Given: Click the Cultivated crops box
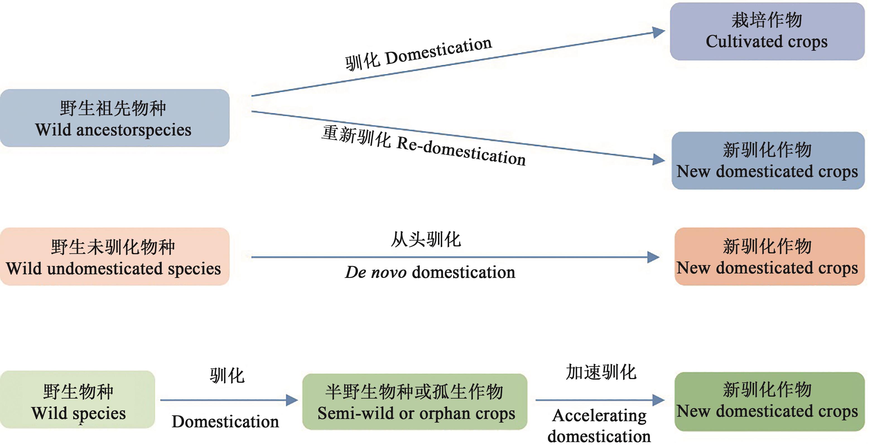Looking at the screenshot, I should point(767,31).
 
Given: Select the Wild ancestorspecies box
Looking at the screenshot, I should point(115,118).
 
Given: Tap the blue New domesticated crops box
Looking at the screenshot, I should point(768,161).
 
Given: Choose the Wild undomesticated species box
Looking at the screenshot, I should point(115,256).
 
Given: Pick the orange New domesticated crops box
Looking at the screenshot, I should point(769,256).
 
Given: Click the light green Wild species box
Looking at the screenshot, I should point(78,399).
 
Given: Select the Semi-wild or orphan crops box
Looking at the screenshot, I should point(415,402).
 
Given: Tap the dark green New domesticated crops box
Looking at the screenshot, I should point(769,401).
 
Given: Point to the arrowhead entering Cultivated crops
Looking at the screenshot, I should point(659,32).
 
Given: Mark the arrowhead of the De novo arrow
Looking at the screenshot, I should point(653,257).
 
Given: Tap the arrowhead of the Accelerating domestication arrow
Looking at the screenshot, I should point(658,400).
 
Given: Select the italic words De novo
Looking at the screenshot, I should point(376,272).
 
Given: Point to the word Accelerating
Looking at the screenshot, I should point(599,416).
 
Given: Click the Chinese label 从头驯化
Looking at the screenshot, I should point(426,239).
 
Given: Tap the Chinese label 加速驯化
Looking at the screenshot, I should point(601,372).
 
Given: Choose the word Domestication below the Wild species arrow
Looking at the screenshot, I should point(225,422).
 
